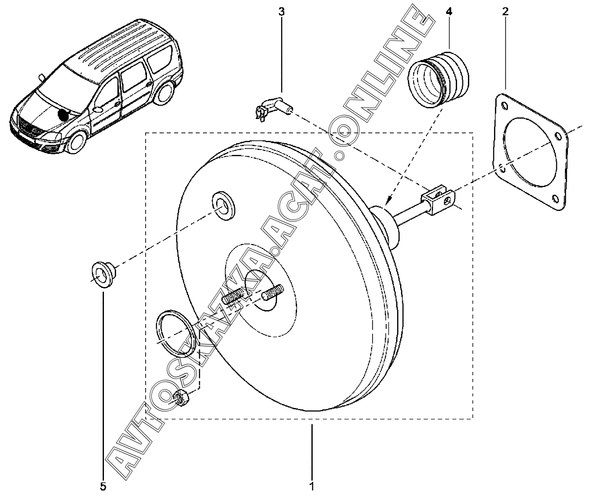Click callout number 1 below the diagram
click(311, 486)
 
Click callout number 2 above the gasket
click(505, 12)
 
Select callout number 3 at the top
click(281, 12)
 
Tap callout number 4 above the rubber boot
click(449, 12)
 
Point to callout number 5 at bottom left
click(103, 486)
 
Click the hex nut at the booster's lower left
click(180, 397)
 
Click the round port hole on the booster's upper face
click(224, 203)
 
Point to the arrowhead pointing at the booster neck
click(389, 200)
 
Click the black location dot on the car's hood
click(63, 115)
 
